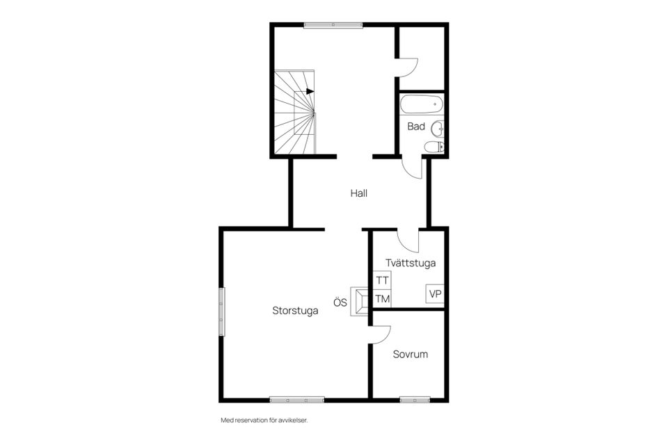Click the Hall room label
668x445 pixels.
359,193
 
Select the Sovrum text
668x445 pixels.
411,355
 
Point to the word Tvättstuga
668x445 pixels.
411,263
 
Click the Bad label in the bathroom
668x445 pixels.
416,127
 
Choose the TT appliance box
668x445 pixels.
382,280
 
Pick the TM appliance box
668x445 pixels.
382,299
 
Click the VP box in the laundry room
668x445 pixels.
435,294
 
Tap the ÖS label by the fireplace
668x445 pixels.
340,302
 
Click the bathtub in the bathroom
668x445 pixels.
422,104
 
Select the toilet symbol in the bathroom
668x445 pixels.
434,147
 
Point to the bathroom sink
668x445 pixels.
438,128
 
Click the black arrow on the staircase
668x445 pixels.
310,92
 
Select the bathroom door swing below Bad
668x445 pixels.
408,170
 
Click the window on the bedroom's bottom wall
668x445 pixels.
415,400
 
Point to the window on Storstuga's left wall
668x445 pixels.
221,311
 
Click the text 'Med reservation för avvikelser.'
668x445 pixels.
264,420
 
